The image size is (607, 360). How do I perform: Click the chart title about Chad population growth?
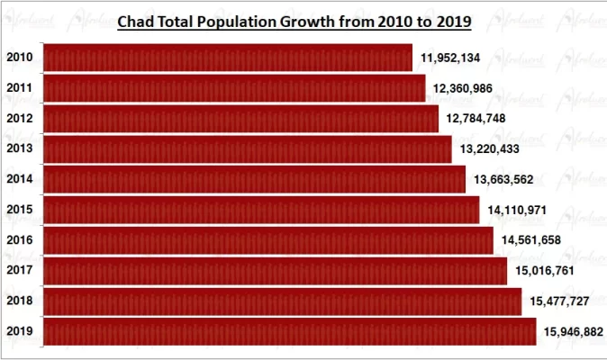(294, 19)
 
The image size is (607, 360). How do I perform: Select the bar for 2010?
(227, 58)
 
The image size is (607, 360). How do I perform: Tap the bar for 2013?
(247, 148)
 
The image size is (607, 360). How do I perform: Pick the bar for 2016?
(267, 240)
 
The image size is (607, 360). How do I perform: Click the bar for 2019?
(289, 331)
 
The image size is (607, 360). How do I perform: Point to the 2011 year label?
(20, 88)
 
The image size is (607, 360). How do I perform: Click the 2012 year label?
(20, 119)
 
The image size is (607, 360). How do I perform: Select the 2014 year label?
(20, 179)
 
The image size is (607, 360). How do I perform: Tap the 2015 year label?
(20, 210)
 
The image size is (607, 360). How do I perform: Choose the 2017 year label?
(20, 270)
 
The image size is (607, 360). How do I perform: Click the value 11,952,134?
(450, 58)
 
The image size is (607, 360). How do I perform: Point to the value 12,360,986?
(463, 88)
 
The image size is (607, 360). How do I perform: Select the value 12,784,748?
(476, 119)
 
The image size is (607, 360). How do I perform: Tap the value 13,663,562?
(503, 179)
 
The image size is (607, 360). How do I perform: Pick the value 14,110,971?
(518, 210)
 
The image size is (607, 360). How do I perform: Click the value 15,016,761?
(545, 270)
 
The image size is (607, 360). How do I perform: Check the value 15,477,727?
(558, 301)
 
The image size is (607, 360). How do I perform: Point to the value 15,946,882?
(574, 332)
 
